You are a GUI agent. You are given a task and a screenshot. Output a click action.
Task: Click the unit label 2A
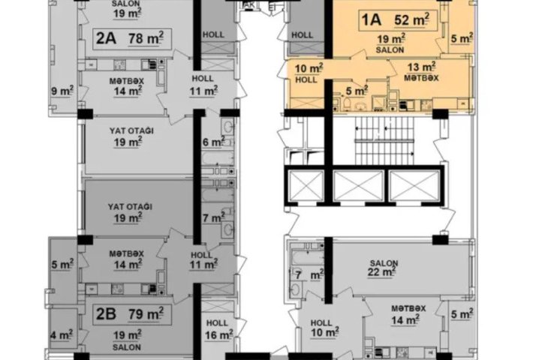tap(106, 38)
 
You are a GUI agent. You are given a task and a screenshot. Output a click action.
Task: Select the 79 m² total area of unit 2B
tap(146, 314)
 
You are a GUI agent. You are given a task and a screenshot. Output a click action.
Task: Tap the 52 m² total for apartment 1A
tap(411, 20)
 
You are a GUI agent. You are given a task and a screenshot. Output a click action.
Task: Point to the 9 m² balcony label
tap(62, 91)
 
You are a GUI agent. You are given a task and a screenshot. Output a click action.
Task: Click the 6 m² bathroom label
tap(213, 142)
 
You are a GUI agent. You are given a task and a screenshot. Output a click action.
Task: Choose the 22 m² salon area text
tap(381, 271)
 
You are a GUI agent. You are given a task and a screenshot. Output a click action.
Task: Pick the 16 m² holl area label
tap(219, 334)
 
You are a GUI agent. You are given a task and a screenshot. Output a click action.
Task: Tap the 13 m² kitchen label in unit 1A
tap(421, 67)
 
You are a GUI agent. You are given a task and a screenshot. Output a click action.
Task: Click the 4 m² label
tap(62, 334)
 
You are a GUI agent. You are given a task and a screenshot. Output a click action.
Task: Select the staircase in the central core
tap(384, 140)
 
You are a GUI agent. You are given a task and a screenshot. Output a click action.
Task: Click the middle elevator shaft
tap(359, 186)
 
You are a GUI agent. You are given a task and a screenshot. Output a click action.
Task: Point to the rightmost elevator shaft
tap(414, 186)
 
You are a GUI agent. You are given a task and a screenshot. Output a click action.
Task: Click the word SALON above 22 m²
tap(384, 262)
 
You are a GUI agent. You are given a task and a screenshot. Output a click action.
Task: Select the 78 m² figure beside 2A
tap(146, 38)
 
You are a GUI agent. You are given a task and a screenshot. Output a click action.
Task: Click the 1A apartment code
tap(371, 20)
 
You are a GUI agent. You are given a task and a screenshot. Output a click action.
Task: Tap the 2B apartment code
tap(106, 314)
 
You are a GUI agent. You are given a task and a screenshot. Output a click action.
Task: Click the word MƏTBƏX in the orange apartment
tap(421, 77)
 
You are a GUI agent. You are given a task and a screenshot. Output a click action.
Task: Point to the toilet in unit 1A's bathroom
tap(348, 103)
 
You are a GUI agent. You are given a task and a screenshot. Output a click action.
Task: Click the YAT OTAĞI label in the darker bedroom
tap(130, 207)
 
